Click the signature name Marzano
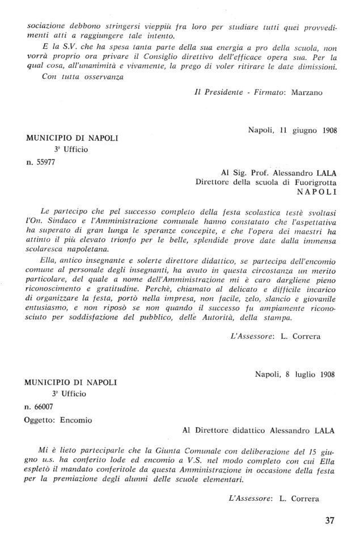point(307,94)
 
